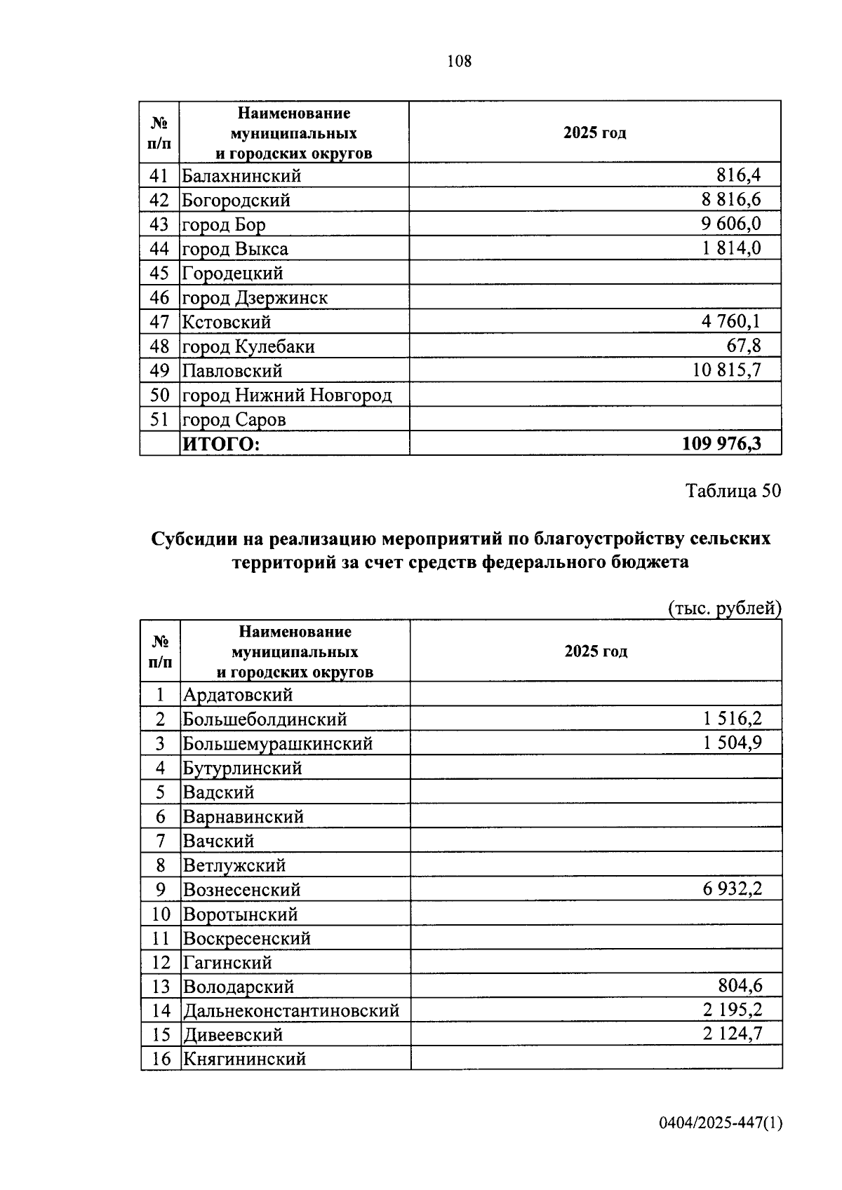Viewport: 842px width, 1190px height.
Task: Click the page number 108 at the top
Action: pos(459,62)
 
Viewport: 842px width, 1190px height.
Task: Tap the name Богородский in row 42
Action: pos(236,201)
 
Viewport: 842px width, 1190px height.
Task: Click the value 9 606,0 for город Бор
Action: pos(730,224)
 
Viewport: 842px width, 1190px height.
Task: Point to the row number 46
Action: pos(159,297)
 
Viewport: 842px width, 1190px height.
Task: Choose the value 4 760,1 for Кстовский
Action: pos(730,321)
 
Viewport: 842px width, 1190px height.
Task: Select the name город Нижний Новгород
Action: pos(287,395)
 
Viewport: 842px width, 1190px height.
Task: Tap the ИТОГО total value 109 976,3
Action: pos(721,443)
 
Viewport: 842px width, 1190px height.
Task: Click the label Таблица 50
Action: pos(733,491)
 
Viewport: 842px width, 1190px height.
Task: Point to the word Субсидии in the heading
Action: pos(194,539)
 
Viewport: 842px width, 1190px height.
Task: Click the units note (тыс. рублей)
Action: pos(724,608)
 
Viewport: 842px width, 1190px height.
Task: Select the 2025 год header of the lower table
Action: pos(596,651)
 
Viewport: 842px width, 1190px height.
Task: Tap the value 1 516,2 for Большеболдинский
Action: pos(732,718)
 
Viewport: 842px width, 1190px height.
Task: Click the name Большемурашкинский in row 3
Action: pos(277,743)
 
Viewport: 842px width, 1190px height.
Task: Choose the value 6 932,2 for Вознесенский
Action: pos(732,889)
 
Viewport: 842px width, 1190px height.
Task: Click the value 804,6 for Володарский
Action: pos(740,986)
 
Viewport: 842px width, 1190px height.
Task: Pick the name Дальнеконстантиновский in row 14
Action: pos(290,1010)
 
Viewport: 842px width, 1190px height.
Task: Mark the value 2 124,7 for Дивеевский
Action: pos(732,1034)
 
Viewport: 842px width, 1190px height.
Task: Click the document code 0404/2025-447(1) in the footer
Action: pos(720,1123)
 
